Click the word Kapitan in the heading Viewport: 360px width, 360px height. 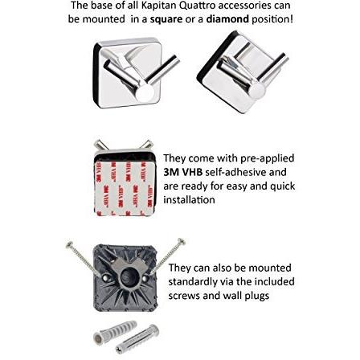pos(158,6)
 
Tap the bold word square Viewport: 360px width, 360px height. pos(166,19)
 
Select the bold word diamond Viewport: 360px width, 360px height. pos(227,18)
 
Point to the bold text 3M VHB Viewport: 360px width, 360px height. pos(183,172)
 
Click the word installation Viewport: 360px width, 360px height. pos(189,200)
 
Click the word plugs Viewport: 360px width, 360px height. pos(257,297)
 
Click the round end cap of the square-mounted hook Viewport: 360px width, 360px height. pos(145,94)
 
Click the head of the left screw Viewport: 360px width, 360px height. pos(70,244)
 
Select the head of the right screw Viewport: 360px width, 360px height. pos(182,241)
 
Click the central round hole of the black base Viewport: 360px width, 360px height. pos(126,278)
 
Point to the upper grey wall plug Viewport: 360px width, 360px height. pos(115,332)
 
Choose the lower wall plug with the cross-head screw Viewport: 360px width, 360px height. pos(137,339)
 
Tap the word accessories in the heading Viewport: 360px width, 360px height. pos(247,6)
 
